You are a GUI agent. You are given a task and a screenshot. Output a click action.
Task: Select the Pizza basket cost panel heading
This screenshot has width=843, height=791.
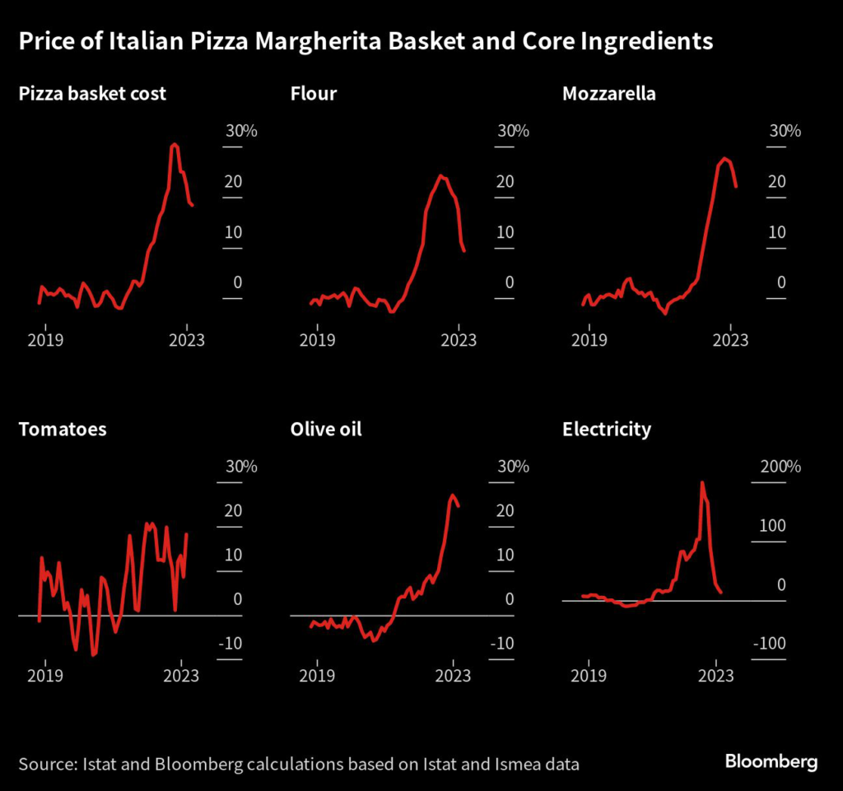pyautogui.click(x=92, y=93)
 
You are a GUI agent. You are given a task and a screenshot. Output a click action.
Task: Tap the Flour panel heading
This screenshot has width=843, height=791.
pyautogui.click(x=314, y=93)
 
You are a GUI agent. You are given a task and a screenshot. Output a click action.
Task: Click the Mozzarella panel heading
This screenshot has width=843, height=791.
pyautogui.click(x=609, y=93)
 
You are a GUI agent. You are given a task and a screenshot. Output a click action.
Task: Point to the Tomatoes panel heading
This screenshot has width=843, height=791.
pyautogui.click(x=63, y=429)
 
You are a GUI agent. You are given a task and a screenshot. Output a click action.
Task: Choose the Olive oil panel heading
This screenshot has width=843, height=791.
pyautogui.click(x=326, y=429)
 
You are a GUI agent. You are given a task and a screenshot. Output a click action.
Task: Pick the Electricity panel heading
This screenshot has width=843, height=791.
pyautogui.click(x=607, y=429)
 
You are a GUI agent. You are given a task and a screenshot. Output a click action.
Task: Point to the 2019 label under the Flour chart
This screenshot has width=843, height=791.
pyautogui.click(x=316, y=339)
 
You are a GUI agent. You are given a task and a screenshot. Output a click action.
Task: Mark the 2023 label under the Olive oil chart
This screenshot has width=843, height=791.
pyautogui.click(x=452, y=675)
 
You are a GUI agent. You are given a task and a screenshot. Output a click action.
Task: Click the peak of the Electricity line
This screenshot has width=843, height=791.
pyautogui.click(x=701, y=482)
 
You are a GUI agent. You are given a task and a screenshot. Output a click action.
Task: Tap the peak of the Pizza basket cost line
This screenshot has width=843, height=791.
pyautogui.click(x=174, y=144)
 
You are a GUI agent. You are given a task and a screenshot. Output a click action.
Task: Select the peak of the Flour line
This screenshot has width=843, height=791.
pyautogui.click(x=441, y=174)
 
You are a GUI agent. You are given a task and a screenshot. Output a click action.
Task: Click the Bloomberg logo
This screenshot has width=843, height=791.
pyautogui.click(x=771, y=761)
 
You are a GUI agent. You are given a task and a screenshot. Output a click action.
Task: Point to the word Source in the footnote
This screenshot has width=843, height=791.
pyautogui.click(x=46, y=764)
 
